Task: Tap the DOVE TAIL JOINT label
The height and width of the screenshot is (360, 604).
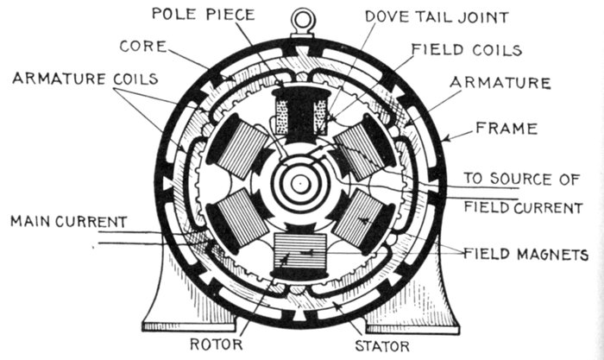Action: click(412, 16)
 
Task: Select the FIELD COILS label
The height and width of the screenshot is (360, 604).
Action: click(465, 49)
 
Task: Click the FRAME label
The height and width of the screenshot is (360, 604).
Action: click(507, 129)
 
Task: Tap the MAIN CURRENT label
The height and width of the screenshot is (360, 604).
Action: click(66, 222)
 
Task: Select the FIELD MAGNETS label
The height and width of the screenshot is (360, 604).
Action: click(527, 255)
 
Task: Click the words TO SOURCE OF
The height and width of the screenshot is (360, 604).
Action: click(520, 179)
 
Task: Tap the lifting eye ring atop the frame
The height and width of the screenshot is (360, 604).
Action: click(300, 18)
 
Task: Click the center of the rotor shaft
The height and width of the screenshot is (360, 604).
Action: click(299, 183)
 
